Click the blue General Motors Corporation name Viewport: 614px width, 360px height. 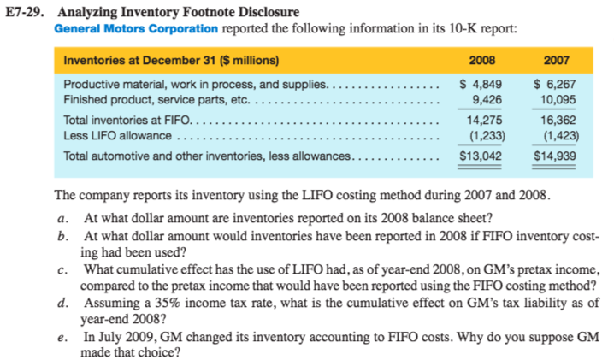coord(136,28)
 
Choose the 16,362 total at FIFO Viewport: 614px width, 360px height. coord(558,121)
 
